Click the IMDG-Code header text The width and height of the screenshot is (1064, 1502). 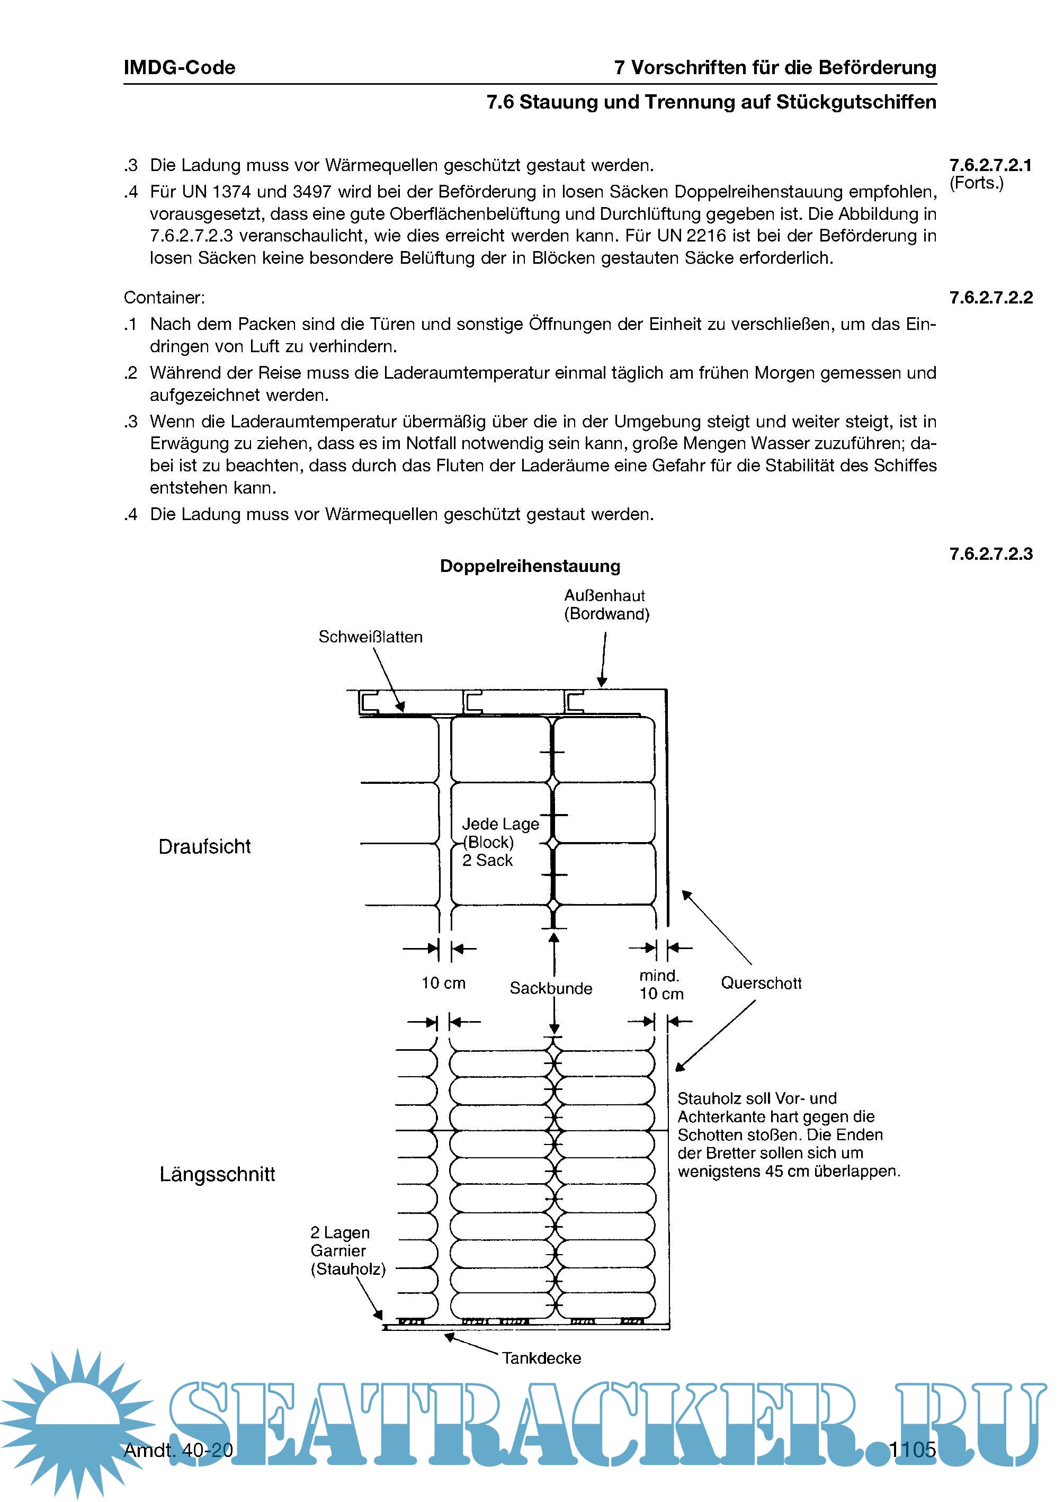click(179, 67)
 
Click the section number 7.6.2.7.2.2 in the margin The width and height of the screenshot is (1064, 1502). click(990, 298)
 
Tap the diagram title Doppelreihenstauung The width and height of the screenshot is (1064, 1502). click(530, 566)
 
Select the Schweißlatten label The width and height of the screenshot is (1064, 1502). click(370, 637)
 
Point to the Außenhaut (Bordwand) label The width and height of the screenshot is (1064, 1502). click(606, 605)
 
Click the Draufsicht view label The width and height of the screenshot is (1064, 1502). click(204, 846)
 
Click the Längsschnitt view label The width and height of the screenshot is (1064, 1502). click(217, 1174)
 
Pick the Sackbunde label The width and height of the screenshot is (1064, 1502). click(550, 988)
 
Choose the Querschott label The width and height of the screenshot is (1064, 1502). click(761, 982)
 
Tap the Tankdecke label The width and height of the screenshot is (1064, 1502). click(541, 1358)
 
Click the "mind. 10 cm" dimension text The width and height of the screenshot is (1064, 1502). click(660, 985)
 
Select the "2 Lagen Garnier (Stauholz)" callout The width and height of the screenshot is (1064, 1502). click(347, 1250)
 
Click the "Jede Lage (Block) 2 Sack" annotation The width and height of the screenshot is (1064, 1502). click(500, 842)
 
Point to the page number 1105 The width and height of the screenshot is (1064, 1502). click(912, 1450)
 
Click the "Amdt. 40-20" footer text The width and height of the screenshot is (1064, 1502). click(178, 1450)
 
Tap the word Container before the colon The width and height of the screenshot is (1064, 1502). click(162, 298)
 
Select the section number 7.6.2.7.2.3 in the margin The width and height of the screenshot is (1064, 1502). click(990, 554)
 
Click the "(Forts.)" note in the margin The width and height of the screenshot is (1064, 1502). click(976, 183)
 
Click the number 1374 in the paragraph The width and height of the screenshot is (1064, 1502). click(231, 192)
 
